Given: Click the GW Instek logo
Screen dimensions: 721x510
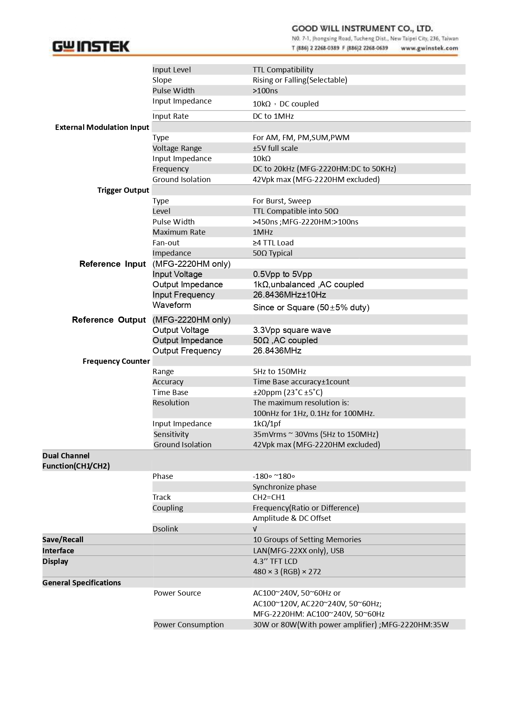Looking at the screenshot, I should click(x=91, y=47).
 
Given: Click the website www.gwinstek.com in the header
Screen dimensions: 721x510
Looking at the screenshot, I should click(x=429, y=48).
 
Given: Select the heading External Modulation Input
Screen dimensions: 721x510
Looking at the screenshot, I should click(x=102, y=127).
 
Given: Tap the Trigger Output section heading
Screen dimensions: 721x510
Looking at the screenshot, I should click(x=123, y=190).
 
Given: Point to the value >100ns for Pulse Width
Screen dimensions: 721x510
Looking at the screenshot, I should click(x=265, y=91).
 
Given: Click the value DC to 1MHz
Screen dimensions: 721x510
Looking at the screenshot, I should click(x=273, y=116).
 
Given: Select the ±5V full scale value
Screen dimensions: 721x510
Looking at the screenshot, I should click(x=275, y=148).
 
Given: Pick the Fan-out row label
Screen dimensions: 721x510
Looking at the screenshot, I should click(x=166, y=243).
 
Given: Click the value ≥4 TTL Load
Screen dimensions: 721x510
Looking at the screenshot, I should click(x=273, y=243).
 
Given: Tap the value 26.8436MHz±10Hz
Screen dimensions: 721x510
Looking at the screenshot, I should click(x=289, y=295).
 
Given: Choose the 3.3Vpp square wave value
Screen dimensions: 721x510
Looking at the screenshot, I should click(x=292, y=330).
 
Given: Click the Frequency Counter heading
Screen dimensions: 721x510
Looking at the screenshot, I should click(x=116, y=361).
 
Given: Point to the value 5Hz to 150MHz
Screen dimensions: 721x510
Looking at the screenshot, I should click(x=279, y=372).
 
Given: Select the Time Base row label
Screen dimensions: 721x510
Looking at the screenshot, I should click(x=170, y=393).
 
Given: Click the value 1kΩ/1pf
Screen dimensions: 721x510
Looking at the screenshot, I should click(x=267, y=424).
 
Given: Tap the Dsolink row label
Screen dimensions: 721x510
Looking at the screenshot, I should click(x=165, y=529).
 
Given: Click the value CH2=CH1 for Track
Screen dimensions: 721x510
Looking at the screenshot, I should click(x=269, y=497).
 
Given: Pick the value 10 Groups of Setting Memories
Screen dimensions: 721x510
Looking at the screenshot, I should click(x=307, y=540).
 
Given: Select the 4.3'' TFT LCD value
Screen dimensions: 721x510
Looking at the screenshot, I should click(x=275, y=562).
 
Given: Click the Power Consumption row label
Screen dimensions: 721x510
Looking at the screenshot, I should click(x=189, y=625).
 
